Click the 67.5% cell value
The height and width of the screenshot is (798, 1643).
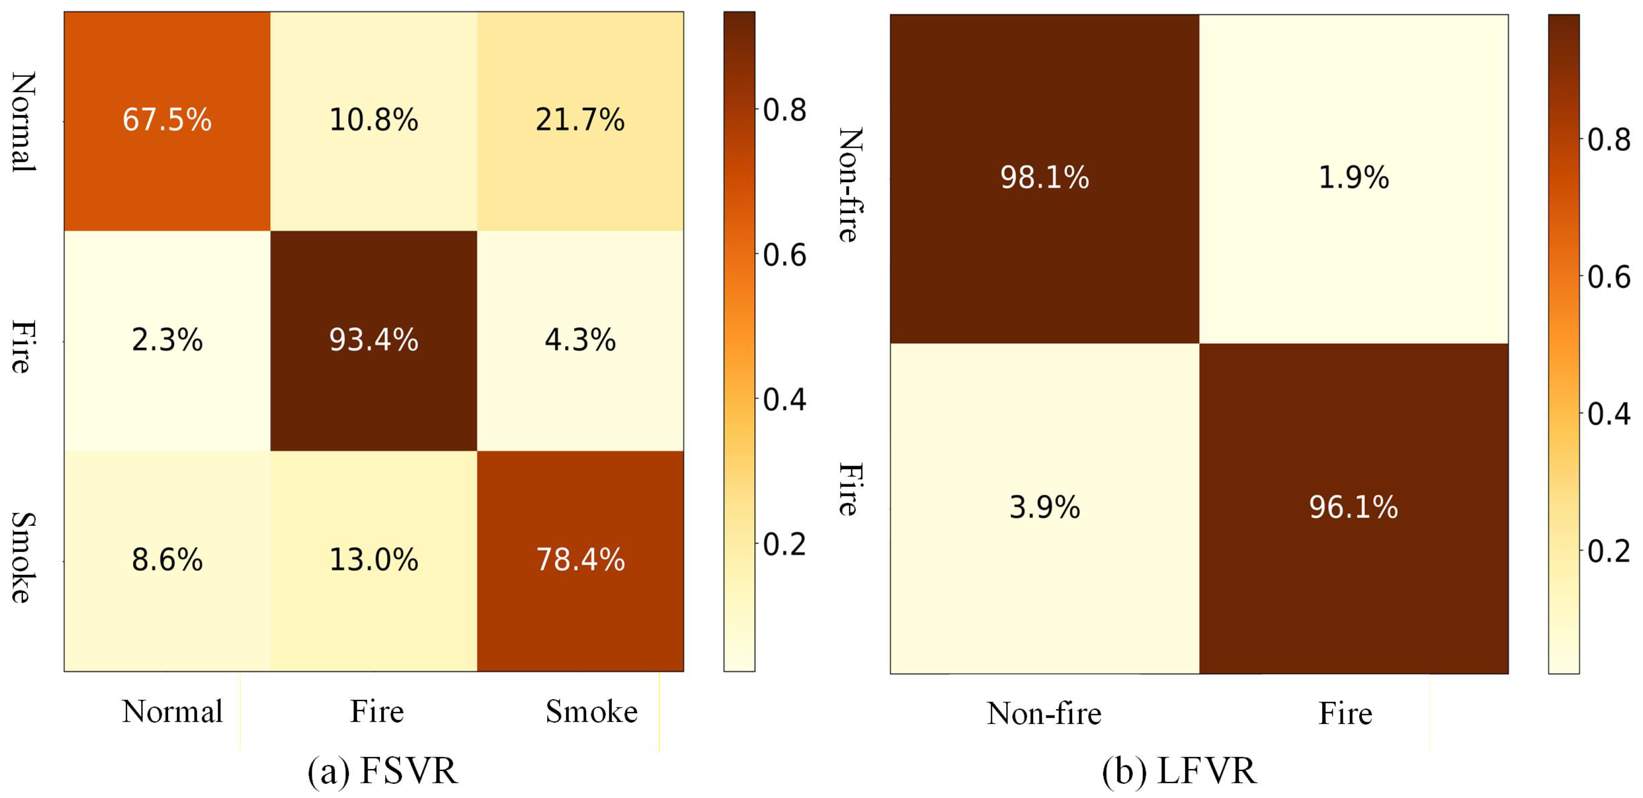tap(167, 120)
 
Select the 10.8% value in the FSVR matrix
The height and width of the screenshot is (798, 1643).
tap(374, 120)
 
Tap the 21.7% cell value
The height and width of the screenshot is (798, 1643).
tap(581, 120)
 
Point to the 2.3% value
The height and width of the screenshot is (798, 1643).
tap(167, 340)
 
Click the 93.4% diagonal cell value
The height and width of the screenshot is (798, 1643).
tap(374, 340)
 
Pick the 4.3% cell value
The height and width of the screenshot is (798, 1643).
tap(581, 340)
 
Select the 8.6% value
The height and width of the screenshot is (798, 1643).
tap(167, 560)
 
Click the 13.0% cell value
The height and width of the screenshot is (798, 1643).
tap(374, 560)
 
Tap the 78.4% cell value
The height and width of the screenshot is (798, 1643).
tap(581, 560)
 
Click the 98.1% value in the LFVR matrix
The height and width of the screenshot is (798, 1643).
tap(1045, 177)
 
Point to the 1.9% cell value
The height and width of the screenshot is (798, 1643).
tap(1353, 177)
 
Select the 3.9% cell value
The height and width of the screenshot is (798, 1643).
tap(1045, 507)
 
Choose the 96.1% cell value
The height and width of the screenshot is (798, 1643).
tap(1353, 507)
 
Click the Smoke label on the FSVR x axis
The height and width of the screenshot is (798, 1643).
tap(592, 711)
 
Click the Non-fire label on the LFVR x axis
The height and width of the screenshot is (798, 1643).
tap(1044, 713)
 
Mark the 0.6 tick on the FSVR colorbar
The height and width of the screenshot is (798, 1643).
tap(785, 255)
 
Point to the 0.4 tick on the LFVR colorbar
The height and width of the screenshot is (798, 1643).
tap(1609, 414)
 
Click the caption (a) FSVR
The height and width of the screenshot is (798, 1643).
tap(383, 771)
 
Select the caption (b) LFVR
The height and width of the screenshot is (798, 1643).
tap(1179, 771)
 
